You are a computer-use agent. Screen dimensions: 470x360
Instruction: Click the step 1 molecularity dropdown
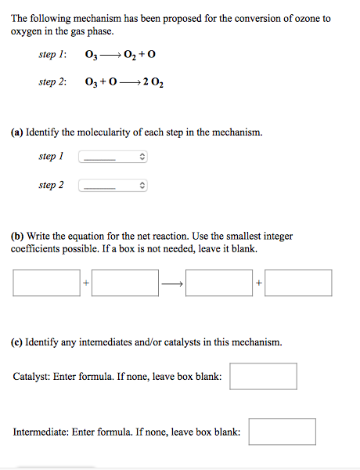tap(113, 157)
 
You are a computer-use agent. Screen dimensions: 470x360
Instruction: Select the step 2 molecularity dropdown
tap(113, 186)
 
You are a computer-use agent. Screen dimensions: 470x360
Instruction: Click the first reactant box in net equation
tap(47, 283)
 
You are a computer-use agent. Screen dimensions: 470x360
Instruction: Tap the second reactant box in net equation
tap(126, 283)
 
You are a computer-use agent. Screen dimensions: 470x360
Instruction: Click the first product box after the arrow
tap(219, 283)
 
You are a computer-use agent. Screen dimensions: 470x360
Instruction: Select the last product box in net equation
tap(298, 283)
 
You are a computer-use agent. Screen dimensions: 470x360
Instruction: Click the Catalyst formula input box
tap(263, 376)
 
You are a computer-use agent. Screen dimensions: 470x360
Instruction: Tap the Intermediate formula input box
tap(283, 432)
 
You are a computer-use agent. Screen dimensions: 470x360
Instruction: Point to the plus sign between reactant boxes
tap(86, 284)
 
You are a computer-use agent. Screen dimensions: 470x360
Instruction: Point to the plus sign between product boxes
tap(258, 284)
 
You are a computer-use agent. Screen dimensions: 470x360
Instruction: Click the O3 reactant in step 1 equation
tap(89, 56)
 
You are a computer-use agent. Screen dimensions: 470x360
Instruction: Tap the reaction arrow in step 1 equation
tap(110, 56)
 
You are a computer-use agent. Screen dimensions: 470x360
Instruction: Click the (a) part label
tap(17, 132)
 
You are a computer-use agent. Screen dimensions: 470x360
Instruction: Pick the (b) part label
tap(17, 235)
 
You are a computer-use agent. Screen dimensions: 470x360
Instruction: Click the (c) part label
tap(17, 342)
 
